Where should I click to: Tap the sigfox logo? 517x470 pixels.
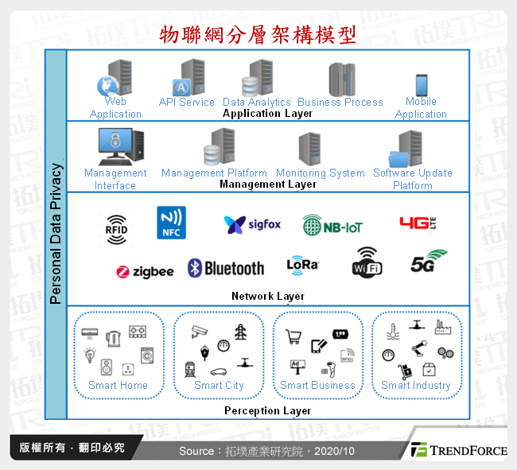coord(252,224)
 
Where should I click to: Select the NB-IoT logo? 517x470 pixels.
coord(332,225)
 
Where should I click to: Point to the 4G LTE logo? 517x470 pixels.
coord(418,223)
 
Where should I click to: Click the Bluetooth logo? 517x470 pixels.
coord(226,268)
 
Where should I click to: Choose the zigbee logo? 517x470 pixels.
coord(145,271)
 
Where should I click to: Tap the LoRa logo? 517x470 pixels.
coord(302,265)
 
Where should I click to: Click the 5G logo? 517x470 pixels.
coord(429,262)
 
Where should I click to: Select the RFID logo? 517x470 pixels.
coord(116,227)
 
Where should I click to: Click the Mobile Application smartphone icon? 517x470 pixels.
coord(421,85)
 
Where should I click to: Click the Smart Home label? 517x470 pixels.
coord(118,385)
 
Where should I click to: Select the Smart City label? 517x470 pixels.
coord(219,385)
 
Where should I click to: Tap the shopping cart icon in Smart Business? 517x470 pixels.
coord(293,337)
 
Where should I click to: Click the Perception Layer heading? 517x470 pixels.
coord(268,410)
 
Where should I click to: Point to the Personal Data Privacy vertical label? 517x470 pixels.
coord(56,234)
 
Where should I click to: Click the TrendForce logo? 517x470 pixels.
coord(458,450)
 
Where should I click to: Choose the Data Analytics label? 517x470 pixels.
coord(257,102)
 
